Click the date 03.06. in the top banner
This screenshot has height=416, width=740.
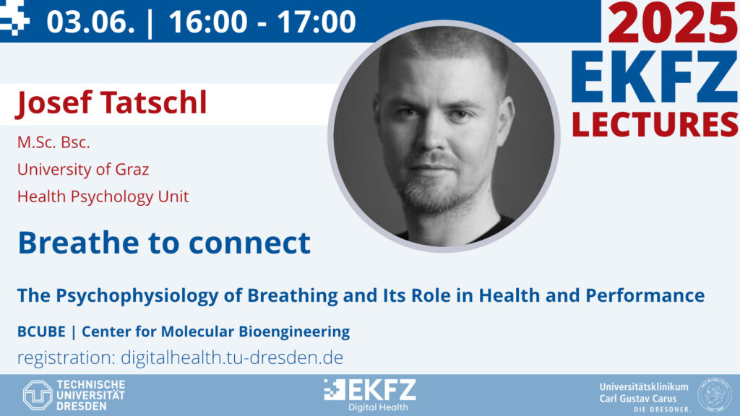(x=90, y=22)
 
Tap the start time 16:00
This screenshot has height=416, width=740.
(x=208, y=22)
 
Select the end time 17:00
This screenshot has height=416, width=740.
(x=317, y=22)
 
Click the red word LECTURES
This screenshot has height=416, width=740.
(x=655, y=124)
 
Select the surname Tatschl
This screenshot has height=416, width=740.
(x=153, y=103)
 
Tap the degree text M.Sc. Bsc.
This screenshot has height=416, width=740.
(x=53, y=142)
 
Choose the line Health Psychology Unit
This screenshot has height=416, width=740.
(x=103, y=196)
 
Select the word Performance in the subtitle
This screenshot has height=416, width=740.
(x=645, y=295)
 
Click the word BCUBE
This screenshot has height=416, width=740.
(x=41, y=331)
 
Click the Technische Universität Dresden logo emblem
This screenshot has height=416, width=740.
(x=38, y=395)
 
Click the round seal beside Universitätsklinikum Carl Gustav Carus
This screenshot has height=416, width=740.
(x=714, y=394)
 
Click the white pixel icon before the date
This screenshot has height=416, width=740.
(x=14, y=18)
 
